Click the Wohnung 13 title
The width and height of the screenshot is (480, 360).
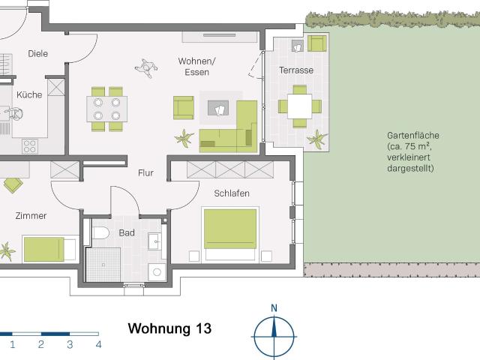point(169,328)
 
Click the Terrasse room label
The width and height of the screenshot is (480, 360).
point(296,70)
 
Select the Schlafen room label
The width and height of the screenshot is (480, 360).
point(231,193)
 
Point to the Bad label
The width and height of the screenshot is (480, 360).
point(127,232)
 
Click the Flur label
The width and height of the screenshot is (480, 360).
point(145,173)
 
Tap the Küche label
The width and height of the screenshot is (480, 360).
point(29,95)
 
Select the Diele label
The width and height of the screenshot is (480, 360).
point(38,53)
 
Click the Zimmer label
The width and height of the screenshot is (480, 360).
point(31,216)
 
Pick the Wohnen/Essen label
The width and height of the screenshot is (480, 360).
point(197,66)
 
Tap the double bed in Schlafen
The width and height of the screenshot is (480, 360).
point(231,232)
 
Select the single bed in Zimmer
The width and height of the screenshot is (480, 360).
point(49,247)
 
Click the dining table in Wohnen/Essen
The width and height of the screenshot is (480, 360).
point(106,108)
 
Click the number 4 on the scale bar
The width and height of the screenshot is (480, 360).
point(98,345)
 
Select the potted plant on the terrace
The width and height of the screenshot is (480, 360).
point(319,139)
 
